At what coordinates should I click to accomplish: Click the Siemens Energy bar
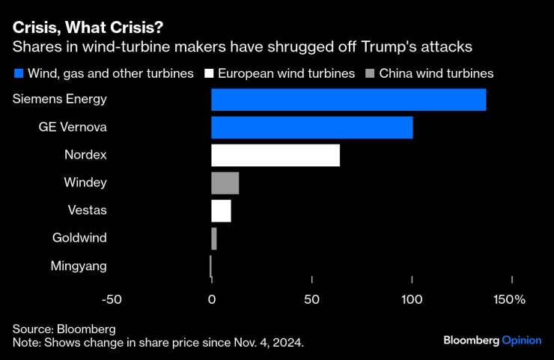[348, 100]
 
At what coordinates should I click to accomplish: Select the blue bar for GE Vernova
[311, 127]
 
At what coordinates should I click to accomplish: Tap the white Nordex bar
[275, 155]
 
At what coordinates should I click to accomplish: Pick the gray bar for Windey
[225, 183]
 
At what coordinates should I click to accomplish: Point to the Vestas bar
[221, 210]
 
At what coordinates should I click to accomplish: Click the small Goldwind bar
[214, 239]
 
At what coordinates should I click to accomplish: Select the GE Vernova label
[73, 127]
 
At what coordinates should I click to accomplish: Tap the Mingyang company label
[79, 266]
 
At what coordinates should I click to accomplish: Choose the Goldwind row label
[79, 238]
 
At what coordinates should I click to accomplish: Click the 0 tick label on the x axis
[212, 299]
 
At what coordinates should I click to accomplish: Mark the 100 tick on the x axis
[412, 299]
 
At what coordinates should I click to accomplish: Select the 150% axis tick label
[509, 299]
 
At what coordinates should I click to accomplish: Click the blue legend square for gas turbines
[18, 73]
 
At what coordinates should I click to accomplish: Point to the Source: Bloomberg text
[64, 329]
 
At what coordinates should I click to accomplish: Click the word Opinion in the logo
[521, 340]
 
